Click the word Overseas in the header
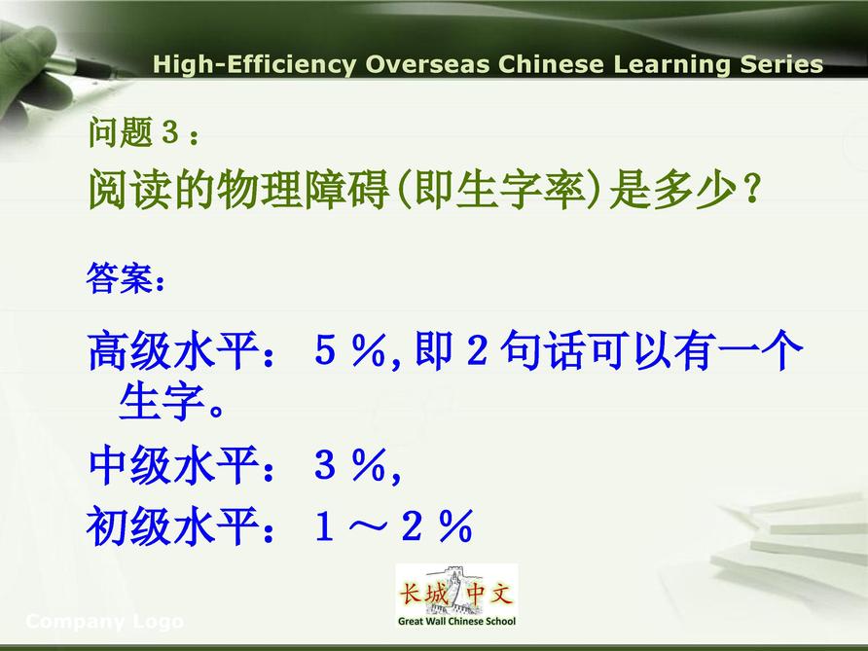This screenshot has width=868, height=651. (427, 64)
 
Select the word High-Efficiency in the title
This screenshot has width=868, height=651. (255, 65)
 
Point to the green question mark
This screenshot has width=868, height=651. (751, 188)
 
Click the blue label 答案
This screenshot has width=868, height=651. (119, 278)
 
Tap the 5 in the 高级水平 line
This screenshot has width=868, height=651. (325, 350)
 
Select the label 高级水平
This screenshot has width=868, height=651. (173, 350)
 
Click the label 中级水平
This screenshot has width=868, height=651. (173, 465)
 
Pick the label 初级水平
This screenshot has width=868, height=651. (172, 525)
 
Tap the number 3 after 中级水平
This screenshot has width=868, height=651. (325, 464)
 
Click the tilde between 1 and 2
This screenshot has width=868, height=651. (368, 525)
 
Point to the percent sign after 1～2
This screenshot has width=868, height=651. (456, 525)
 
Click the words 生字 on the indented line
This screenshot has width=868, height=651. (162, 401)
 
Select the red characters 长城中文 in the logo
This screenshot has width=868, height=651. (456, 594)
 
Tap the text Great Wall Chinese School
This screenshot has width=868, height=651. (456, 621)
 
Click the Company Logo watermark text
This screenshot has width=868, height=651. (105, 622)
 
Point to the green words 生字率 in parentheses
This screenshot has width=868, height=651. (521, 189)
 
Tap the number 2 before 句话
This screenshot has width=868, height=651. (477, 350)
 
